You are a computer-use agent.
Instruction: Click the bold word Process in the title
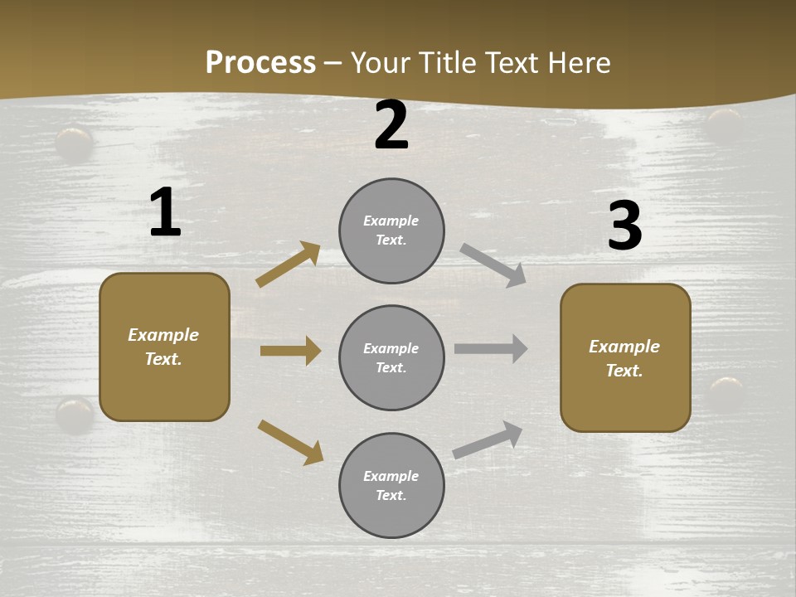click(x=260, y=62)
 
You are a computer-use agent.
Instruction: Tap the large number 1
click(x=165, y=213)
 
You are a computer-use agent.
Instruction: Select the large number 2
click(x=391, y=126)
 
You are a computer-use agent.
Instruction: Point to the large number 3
click(x=624, y=226)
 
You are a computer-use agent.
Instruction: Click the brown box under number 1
click(x=164, y=347)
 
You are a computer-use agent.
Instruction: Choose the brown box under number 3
click(x=625, y=358)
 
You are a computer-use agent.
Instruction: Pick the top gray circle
click(x=391, y=231)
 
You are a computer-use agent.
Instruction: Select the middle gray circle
click(x=391, y=358)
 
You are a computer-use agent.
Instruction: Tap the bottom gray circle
click(x=391, y=486)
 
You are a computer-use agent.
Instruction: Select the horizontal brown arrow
click(x=291, y=351)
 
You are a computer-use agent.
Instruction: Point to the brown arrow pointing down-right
click(x=291, y=442)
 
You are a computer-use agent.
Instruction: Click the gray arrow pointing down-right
click(x=493, y=265)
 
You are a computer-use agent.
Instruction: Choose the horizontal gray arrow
click(x=491, y=348)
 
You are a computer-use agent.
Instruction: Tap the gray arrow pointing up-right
click(x=488, y=439)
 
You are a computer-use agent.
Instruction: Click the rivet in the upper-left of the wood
click(x=75, y=143)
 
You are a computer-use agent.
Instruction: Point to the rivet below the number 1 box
click(x=75, y=414)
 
